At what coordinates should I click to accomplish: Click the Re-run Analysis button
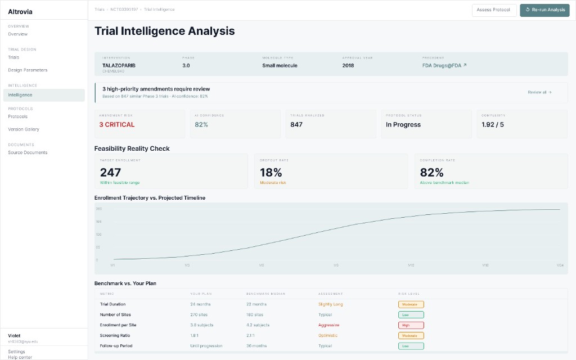544,10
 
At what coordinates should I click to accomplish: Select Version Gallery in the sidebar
24,129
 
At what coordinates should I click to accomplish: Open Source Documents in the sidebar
28,152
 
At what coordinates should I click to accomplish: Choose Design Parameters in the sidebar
28,70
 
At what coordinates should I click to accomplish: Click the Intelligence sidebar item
20,95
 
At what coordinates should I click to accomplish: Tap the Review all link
539,92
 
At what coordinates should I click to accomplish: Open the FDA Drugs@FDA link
444,65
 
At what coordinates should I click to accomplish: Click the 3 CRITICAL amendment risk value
117,125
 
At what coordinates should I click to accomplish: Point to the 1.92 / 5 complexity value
493,125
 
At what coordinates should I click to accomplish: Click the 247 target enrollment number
111,172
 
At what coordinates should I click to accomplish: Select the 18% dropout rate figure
271,172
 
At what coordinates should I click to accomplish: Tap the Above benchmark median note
444,182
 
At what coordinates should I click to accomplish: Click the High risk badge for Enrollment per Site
411,325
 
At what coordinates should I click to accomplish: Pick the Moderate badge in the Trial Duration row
411,304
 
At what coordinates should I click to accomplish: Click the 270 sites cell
199,314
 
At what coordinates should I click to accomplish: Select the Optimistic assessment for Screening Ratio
328,335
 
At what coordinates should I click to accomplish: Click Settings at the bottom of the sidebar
16,352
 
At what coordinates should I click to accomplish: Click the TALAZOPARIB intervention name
119,65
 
